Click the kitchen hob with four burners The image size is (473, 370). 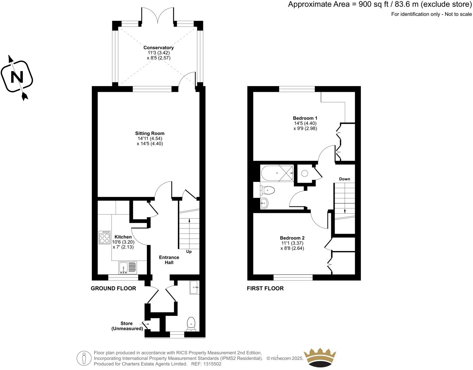click(105, 237)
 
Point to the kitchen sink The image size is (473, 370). click(128, 268)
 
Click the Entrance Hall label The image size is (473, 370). click(169, 260)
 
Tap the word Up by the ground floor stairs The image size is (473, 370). click(189, 252)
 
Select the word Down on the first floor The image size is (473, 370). click(344, 179)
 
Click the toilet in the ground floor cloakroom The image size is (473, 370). click(191, 324)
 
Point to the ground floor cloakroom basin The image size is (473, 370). click(195, 287)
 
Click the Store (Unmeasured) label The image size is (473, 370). click(127, 326)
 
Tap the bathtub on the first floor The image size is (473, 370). click(277, 173)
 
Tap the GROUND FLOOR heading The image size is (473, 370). click(113, 288)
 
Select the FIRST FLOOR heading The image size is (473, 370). click(265, 288)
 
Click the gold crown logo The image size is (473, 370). click(320, 357)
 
